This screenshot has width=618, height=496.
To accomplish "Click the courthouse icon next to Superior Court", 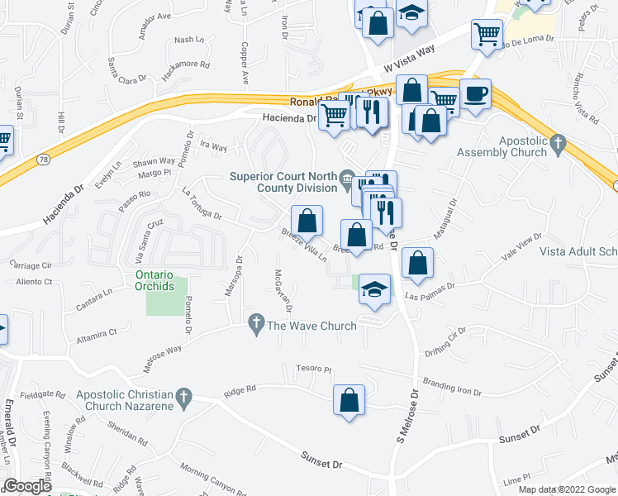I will coord(349,176).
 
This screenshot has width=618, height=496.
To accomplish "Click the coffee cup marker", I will coord(475,95).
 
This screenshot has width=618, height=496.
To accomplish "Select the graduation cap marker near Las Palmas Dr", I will coord(375,289).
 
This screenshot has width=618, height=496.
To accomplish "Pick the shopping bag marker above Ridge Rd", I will coord(349,399).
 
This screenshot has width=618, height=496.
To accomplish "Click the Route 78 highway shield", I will coord(40,158).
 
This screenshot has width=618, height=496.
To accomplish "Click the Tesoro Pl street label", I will coord(316,370).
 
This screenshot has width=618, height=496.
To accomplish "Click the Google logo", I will coord(27,486).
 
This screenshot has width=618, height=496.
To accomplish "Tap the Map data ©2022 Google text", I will coord(567,489).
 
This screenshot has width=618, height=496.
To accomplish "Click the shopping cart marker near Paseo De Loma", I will coord(487,34).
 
